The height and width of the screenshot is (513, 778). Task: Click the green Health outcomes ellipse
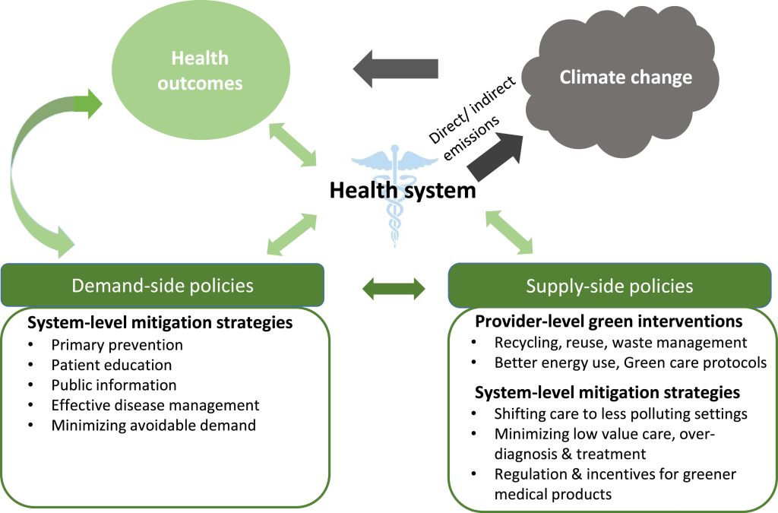click(199, 71)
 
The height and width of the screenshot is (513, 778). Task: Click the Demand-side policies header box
click(162, 285)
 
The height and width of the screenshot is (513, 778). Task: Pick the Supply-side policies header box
click(609, 286)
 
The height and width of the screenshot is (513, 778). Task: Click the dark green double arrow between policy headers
click(394, 287)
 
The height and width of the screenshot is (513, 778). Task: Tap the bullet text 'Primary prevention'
click(117, 344)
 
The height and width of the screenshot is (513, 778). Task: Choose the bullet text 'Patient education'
click(112, 365)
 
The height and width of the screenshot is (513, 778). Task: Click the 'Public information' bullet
click(114, 385)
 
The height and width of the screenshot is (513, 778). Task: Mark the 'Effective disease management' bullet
click(155, 405)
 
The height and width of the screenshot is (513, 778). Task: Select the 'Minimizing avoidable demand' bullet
click(153, 425)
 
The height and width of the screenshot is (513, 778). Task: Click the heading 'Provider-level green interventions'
click(609, 321)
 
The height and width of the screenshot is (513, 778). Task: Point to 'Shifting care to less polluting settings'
click(621, 414)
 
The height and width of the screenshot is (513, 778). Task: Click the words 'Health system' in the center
click(403, 190)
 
